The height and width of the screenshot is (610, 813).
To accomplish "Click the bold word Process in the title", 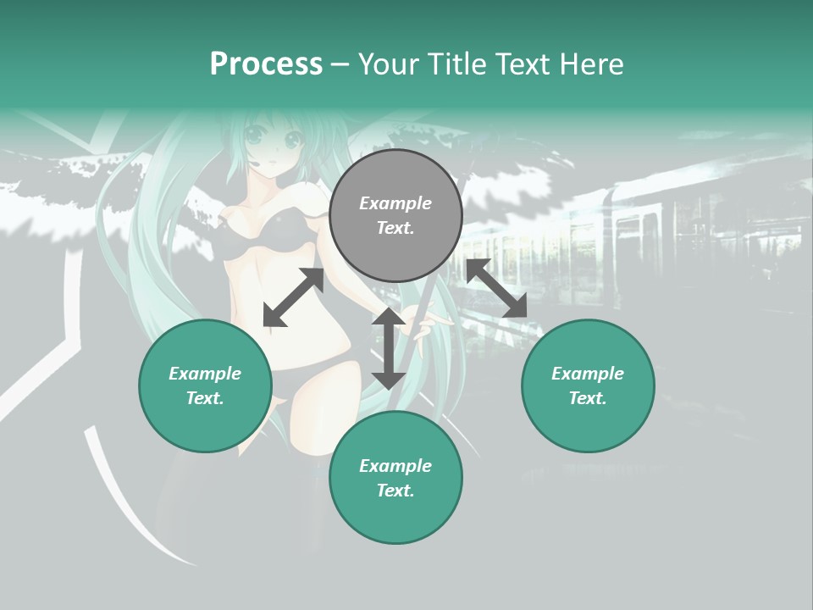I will [x=266, y=64].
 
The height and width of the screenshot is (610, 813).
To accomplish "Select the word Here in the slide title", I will [x=591, y=64].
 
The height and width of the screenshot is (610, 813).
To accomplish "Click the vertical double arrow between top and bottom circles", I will [x=389, y=348].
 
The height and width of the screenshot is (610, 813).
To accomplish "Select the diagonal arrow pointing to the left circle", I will [x=293, y=297].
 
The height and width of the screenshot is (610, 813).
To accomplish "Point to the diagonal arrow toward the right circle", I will [x=496, y=288].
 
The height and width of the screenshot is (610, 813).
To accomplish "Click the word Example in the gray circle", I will [x=395, y=203].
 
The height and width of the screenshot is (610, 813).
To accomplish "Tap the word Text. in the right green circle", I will [x=588, y=398].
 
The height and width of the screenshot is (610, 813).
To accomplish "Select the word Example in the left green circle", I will [x=205, y=374].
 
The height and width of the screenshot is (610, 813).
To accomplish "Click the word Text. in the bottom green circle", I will [x=395, y=491].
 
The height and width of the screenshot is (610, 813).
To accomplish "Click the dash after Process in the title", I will [x=340, y=64].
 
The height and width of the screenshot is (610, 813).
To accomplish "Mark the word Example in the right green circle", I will [x=588, y=374].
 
